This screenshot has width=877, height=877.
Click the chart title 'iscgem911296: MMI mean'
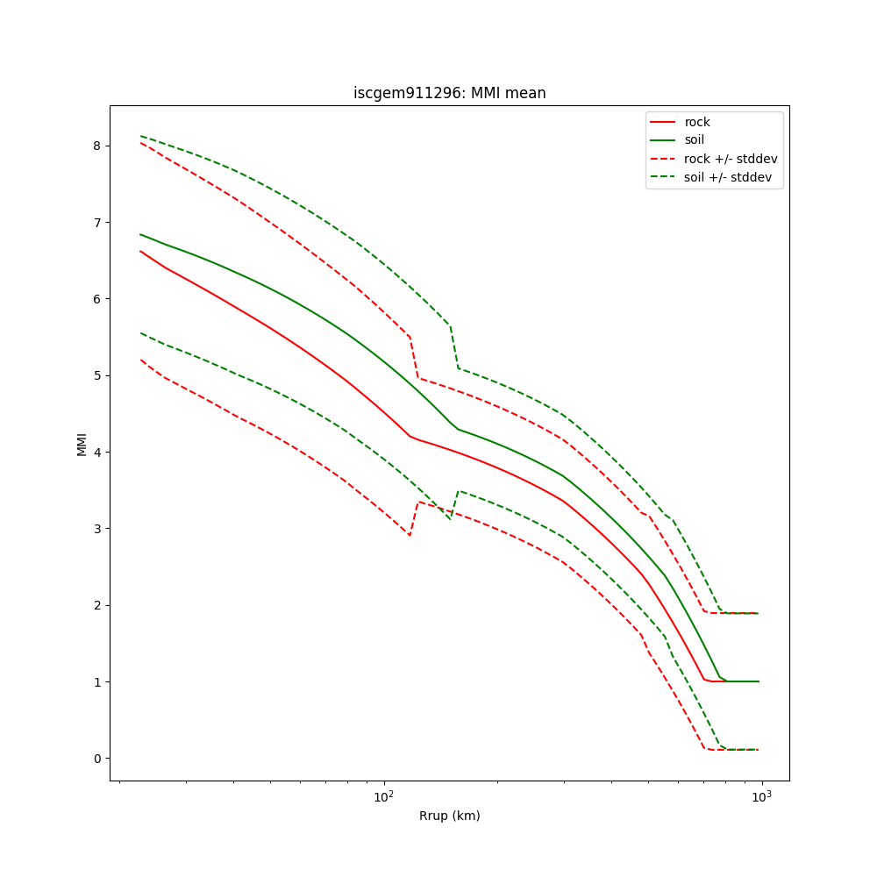[449, 93]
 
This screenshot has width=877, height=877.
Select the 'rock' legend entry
[697, 122]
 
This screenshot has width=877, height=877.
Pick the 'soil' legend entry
[695, 139]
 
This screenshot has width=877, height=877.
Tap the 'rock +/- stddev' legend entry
[731, 159]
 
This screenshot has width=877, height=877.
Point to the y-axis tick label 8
[96, 146]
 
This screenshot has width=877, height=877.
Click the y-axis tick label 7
[96, 222]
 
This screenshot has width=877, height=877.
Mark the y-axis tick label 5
[96, 375]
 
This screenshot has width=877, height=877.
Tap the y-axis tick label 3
[96, 529]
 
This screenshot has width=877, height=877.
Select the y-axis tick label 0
[96, 759]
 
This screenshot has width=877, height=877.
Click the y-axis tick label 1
[96, 682]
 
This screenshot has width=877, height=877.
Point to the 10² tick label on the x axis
[383, 796]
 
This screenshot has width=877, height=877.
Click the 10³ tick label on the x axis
[761, 796]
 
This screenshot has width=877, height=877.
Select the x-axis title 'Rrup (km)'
[449, 816]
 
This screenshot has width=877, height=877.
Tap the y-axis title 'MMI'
[82, 444]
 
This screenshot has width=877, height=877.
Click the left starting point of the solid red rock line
[140, 251]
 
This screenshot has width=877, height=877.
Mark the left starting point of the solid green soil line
[140, 234]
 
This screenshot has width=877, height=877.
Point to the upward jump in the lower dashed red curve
[414, 518]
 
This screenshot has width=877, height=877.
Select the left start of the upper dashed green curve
[140, 136]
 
